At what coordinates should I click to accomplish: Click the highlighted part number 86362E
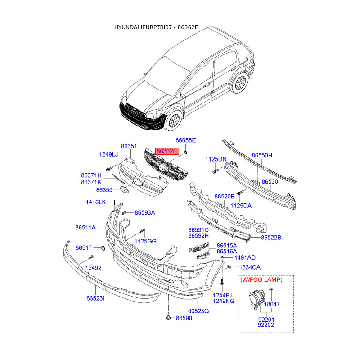[x=167, y=152]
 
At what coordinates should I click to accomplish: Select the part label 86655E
[x=186, y=140]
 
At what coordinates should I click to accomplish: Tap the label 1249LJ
[x=108, y=155]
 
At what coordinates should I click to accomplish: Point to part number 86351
[x=129, y=146]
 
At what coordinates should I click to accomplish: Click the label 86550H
[x=262, y=155]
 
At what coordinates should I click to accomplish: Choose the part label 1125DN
[x=216, y=159]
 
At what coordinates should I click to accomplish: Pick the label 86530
[x=270, y=181]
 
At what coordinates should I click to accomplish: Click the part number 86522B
[x=271, y=237]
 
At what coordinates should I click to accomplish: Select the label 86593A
[x=145, y=212]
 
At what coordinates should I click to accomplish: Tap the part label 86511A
[x=85, y=228]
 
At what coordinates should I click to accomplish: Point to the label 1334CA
[x=250, y=267]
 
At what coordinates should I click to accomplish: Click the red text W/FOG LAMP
[x=261, y=280]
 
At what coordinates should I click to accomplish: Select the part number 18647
[x=272, y=304]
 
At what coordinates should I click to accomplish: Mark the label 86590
[x=184, y=318]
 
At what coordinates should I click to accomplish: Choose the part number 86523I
[x=95, y=298]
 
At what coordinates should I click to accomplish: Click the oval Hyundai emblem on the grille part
[x=137, y=182]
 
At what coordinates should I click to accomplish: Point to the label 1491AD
[x=245, y=257]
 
